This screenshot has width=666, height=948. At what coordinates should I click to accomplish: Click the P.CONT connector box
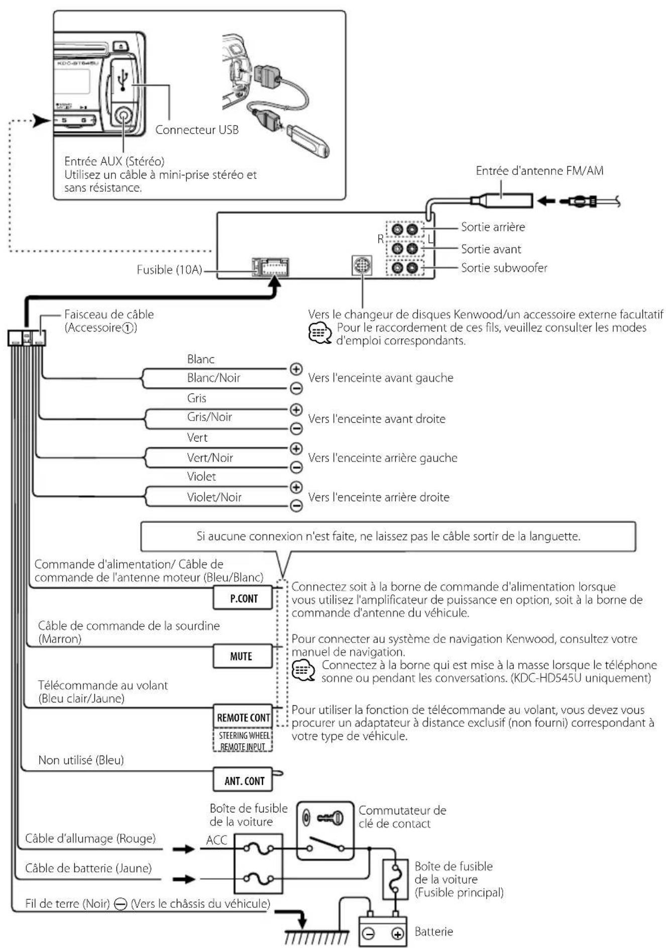tap(243, 598)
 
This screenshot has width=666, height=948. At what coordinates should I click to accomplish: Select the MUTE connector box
tap(242, 656)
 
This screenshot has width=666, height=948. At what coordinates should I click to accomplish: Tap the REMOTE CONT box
tap(243, 717)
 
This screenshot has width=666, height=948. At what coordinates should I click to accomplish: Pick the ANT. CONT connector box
tap(244, 780)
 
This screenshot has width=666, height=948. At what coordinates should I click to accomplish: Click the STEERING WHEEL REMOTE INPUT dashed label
tap(244, 741)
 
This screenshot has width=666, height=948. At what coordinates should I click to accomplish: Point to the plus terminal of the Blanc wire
tap(296, 369)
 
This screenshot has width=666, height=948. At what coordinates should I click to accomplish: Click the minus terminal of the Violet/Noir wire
tap(296, 505)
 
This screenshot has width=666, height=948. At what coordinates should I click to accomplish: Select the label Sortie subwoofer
tap(504, 268)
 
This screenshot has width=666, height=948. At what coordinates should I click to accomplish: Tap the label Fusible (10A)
tap(169, 270)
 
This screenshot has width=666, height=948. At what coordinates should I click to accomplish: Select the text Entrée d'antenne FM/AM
tap(539, 171)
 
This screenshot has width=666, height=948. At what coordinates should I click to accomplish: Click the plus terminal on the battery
tap(397, 934)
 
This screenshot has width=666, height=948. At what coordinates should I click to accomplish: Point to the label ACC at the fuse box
tap(216, 840)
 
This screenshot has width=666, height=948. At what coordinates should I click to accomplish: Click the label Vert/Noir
tap(210, 458)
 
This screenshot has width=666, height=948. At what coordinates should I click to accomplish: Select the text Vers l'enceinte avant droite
tap(377, 418)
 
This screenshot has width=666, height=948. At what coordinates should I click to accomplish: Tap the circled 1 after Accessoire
tap(129, 328)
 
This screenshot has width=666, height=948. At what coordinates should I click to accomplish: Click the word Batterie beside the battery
tap(433, 932)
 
